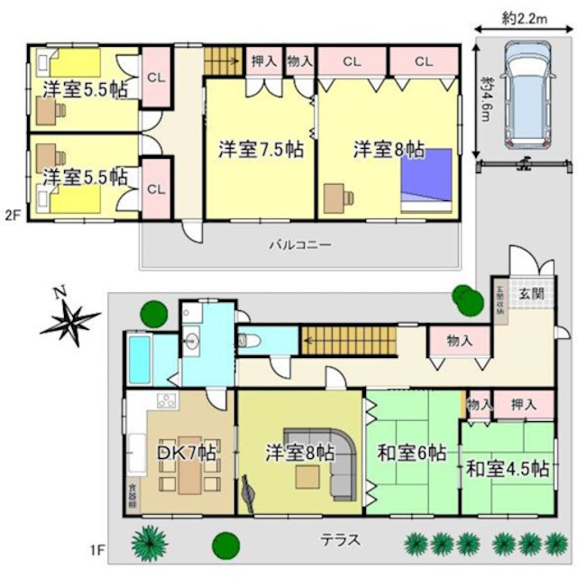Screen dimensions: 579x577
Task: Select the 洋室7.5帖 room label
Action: point(260,150)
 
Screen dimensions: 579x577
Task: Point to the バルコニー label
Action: point(300,244)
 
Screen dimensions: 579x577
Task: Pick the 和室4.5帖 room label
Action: point(508,469)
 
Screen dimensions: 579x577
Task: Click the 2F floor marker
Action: point(12,215)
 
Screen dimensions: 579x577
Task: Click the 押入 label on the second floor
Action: point(263,61)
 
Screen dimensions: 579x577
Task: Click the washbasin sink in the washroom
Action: point(193,341)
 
